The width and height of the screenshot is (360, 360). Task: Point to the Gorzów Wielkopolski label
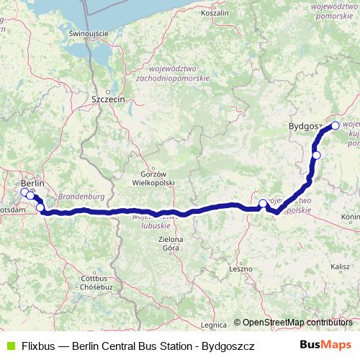(159, 179)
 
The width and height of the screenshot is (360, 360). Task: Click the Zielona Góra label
(171, 243)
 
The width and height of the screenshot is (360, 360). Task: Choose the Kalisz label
(340, 266)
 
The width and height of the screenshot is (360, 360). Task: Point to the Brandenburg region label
(81, 196)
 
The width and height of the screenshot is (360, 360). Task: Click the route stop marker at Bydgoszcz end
(335, 125)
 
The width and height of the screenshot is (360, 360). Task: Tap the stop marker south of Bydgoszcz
(316, 155)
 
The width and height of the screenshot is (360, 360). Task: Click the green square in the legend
(9, 346)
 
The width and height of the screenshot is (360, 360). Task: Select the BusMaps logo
(325, 345)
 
